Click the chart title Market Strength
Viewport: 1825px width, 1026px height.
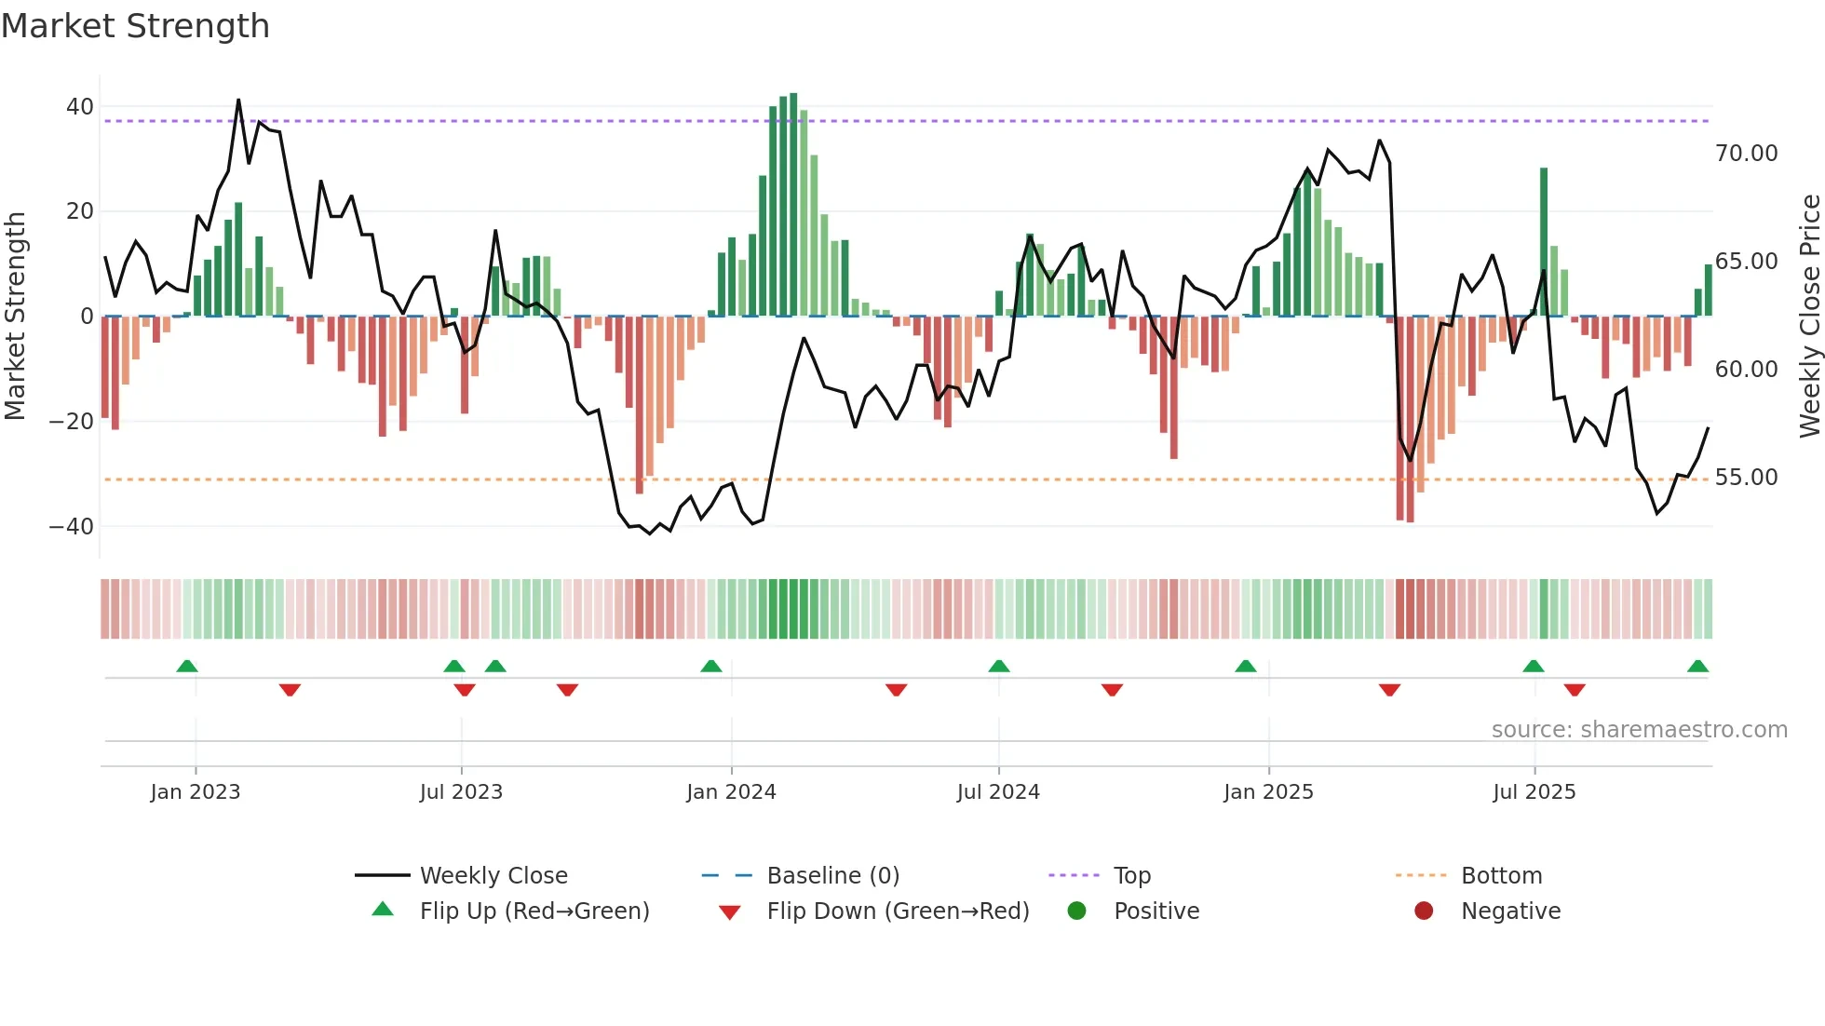tap(135, 26)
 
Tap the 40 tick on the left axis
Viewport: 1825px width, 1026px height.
tap(80, 107)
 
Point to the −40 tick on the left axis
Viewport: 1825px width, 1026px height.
tap(72, 527)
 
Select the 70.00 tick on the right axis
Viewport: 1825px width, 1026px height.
tap(1746, 154)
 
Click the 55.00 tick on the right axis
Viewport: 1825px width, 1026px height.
tap(1746, 478)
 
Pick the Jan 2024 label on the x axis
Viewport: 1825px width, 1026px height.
tap(731, 792)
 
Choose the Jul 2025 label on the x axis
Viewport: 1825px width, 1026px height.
tap(1534, 792)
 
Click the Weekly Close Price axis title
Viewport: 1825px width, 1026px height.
tap(1809, 317)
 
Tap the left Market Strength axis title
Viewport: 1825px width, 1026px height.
tap(16, 317)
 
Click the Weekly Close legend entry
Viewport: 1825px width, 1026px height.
tap(493, 876)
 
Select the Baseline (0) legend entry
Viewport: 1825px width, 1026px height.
tap(832, 876)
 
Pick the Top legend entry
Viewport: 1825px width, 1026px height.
tap(1132, 876)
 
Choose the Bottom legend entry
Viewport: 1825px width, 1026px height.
tap(1501, 876)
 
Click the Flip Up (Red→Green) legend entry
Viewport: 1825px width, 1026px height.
tap(534, 911)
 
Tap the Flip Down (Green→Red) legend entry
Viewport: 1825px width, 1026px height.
tap(898, 911)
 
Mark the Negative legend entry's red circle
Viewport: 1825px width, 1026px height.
tap(1424, 911)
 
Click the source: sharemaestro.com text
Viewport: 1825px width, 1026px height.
tap(1639, 730)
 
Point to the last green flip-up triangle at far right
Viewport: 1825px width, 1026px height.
tap(1697, 667)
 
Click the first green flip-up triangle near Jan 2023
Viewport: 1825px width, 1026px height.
tap(187, 667)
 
